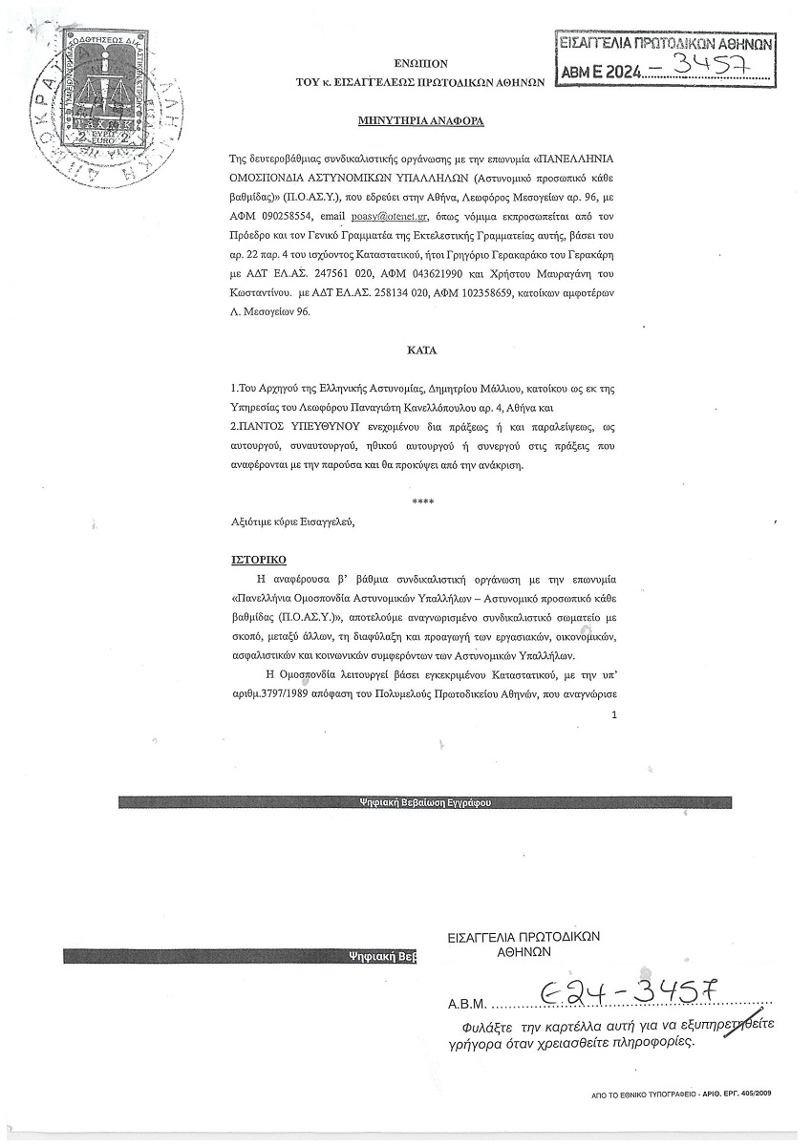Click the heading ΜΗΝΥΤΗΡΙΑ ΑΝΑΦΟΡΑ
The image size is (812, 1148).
point(421,122)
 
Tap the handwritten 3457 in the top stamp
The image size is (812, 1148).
point(708,67)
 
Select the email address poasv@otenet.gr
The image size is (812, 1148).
point(390,217)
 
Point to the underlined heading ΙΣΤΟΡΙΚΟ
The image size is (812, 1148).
point(259,559)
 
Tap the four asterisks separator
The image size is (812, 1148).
point(422,501)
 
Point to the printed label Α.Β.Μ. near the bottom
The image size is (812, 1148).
point(468,1005)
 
